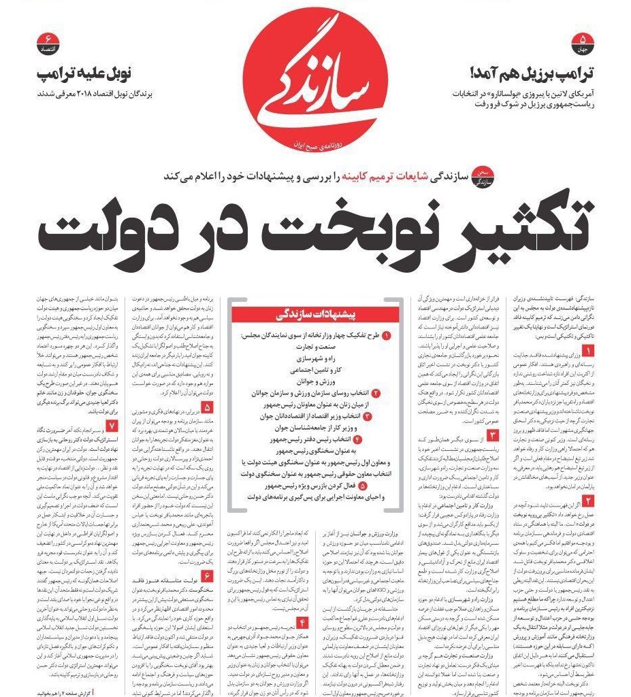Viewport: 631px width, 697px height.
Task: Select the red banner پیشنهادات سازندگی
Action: (316, 313)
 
